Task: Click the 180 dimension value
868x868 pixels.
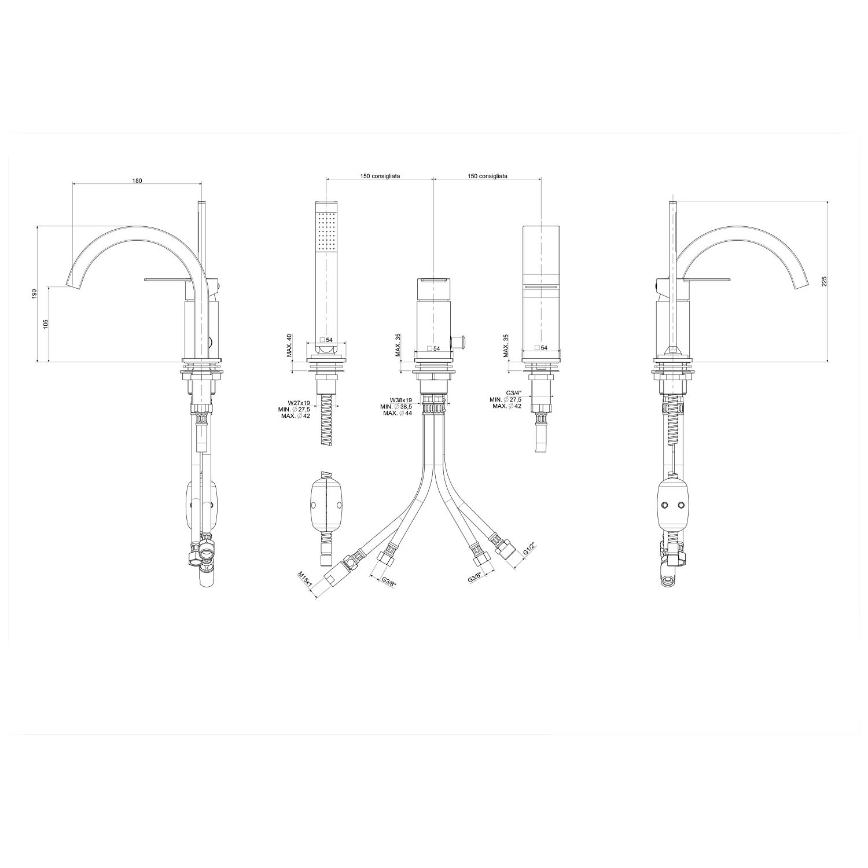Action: coord(137,181)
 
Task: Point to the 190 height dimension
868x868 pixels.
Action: coord(35,294)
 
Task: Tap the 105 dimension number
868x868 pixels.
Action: coord(46,323)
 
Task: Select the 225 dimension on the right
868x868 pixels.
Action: coord(825,281)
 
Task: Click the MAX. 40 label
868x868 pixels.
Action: coord(289,345)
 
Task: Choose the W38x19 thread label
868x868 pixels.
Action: coord(401,400)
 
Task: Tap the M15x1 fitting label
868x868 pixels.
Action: coord(306,579)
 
